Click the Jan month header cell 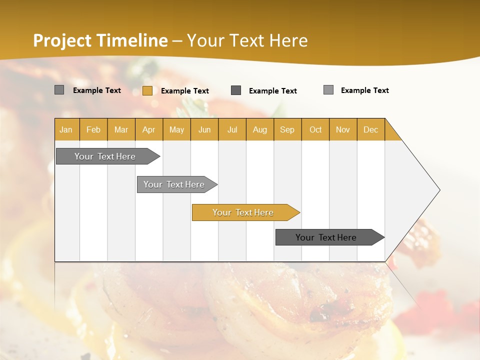[x=66, y=129]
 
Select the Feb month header [x=93, y=129]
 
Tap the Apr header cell [x=148, y=129]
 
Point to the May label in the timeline [x=176, y=129]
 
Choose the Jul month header [x=232, y=129]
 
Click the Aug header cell [x=259, y=129]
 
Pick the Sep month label [x=287, y=129]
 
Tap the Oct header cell [x=315, y=129]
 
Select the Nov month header [x=342, y=129]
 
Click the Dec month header [x=370, y=129]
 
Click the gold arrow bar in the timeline [x=243, y=212]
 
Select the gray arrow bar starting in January [x=105, y=156]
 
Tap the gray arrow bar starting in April [x=174, y=184]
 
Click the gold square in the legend [x=147, y=90]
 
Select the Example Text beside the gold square [x=184, y=90]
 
